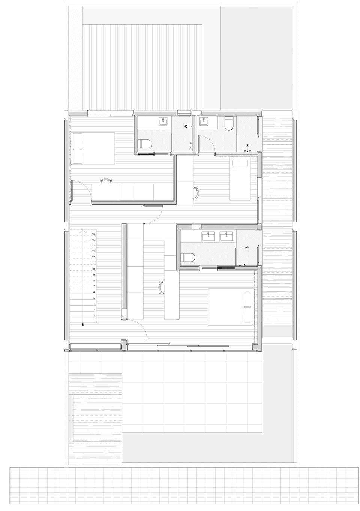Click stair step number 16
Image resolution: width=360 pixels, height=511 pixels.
93,234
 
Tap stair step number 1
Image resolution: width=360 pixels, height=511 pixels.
94,322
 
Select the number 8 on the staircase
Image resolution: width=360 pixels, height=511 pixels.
94,281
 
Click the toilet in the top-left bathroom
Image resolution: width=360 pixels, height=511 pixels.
145,145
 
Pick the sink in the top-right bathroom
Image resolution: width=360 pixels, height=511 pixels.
204,122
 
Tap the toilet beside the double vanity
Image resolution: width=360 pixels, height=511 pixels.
187,258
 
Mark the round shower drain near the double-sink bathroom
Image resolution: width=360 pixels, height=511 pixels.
247,247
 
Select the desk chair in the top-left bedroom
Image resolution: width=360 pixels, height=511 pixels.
106,181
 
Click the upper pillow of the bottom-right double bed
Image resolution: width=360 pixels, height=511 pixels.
247,299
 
